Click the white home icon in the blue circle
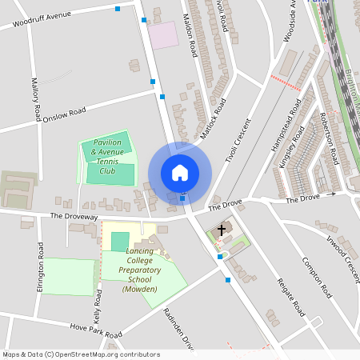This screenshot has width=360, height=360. pos(180,173)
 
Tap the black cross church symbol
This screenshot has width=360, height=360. pos(222,230)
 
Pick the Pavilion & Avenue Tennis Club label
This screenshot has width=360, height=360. pos(107,156)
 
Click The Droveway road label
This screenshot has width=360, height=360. pos(73,216)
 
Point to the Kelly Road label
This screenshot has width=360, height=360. pos(98,305)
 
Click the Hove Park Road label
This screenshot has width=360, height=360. pos(95,330)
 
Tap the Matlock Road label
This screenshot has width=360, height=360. pos(214,118)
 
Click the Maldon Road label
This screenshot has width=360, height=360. pos(190,37)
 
